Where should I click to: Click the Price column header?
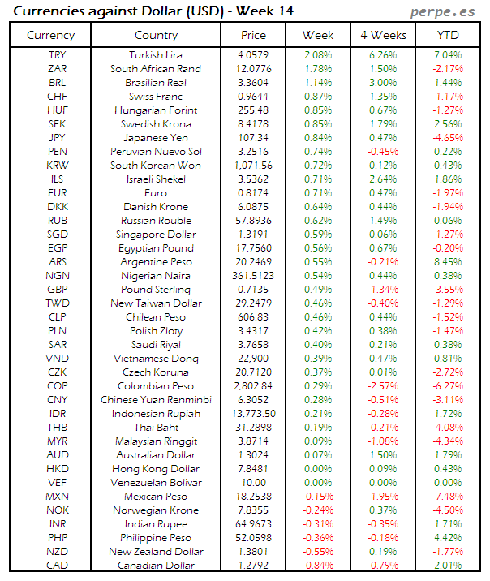254,35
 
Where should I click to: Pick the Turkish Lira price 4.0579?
254,55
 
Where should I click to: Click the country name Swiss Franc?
156,97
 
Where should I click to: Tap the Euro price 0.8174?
254,193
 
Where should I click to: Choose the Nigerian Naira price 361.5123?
254,276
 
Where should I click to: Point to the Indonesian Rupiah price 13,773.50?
254,414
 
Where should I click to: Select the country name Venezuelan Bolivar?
156,482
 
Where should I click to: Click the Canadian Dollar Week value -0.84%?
318,565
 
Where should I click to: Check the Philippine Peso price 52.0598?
254,537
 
